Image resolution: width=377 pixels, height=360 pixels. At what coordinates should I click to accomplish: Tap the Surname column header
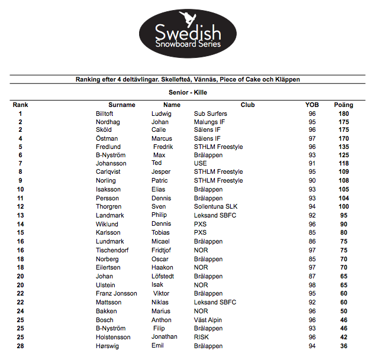[x=122, y=105]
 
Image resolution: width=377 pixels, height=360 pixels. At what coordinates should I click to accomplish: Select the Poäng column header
[x=343, y=105]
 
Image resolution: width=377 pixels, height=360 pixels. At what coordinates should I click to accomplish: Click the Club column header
[x=247, y=105]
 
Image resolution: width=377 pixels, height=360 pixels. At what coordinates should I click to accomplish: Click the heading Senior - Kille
[x=188, y=93]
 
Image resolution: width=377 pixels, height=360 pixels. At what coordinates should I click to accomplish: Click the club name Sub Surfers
[x=211, y=113]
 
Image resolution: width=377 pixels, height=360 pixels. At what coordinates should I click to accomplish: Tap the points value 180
[x=344, y=113]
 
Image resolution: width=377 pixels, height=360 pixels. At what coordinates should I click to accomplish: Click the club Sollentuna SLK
[x=218, y=207]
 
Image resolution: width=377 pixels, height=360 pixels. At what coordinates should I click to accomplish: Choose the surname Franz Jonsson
[x=117, y=293]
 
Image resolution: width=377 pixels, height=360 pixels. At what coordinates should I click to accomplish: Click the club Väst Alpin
[x=210, y=320]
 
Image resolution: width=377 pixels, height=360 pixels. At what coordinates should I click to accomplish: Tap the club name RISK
[x=202, y=337]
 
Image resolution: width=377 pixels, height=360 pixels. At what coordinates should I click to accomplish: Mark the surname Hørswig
[x=109, y=346]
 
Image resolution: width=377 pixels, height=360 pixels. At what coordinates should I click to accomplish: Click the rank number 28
[x=20, y=346]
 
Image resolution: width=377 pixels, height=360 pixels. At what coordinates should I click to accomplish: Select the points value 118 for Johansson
[x=344, y=163]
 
